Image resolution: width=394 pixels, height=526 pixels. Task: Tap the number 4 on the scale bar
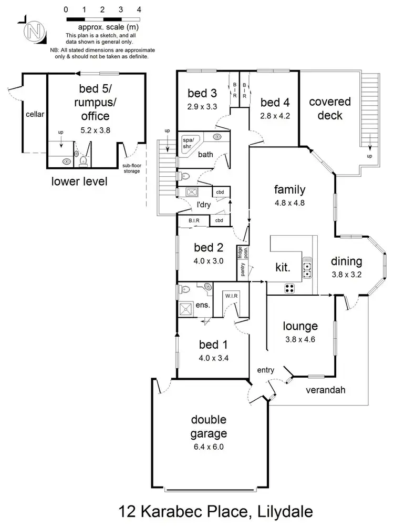[x=139, y=9]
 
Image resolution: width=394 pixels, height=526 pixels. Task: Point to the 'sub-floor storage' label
[x=132, y=168]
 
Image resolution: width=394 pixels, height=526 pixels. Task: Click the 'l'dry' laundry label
[x=204, y=205]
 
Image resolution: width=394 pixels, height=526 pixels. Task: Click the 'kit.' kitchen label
[x=283, y=267]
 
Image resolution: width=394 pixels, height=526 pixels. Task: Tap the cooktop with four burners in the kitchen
[x=289, y=288]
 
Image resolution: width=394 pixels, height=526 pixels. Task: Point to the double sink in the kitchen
[x=308, y=270]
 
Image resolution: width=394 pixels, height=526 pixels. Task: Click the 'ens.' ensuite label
[x=203, y=305]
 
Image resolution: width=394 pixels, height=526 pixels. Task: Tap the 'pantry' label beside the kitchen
[x=243, y=269]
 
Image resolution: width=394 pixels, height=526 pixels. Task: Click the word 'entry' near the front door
[x=266, y=370]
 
